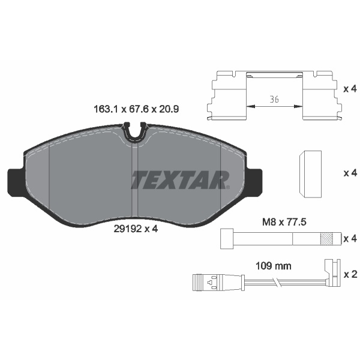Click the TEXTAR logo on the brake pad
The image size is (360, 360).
coord(180,179)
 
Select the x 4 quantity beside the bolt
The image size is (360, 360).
coord(350,239)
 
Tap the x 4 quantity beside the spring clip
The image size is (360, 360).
coord(350,89)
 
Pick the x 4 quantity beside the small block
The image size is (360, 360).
coord(350,173)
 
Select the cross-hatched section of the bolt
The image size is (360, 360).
coord(327,238)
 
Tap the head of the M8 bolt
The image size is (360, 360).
coord(227,238)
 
